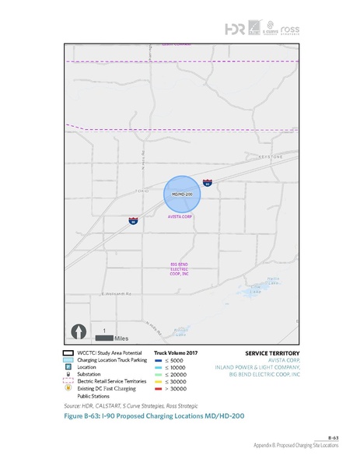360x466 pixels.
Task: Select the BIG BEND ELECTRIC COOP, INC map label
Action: [x=180, y=269]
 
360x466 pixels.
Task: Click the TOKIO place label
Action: [x=141, y=190]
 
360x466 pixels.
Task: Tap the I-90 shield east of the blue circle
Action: [x=208, y=183]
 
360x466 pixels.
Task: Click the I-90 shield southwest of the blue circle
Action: [x=134, y=221]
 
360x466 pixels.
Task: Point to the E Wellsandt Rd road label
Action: [x=117, y=294]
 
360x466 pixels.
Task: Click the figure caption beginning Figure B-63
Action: [x=148, y=416]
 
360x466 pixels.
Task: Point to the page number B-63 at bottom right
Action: [x=333, y=439]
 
